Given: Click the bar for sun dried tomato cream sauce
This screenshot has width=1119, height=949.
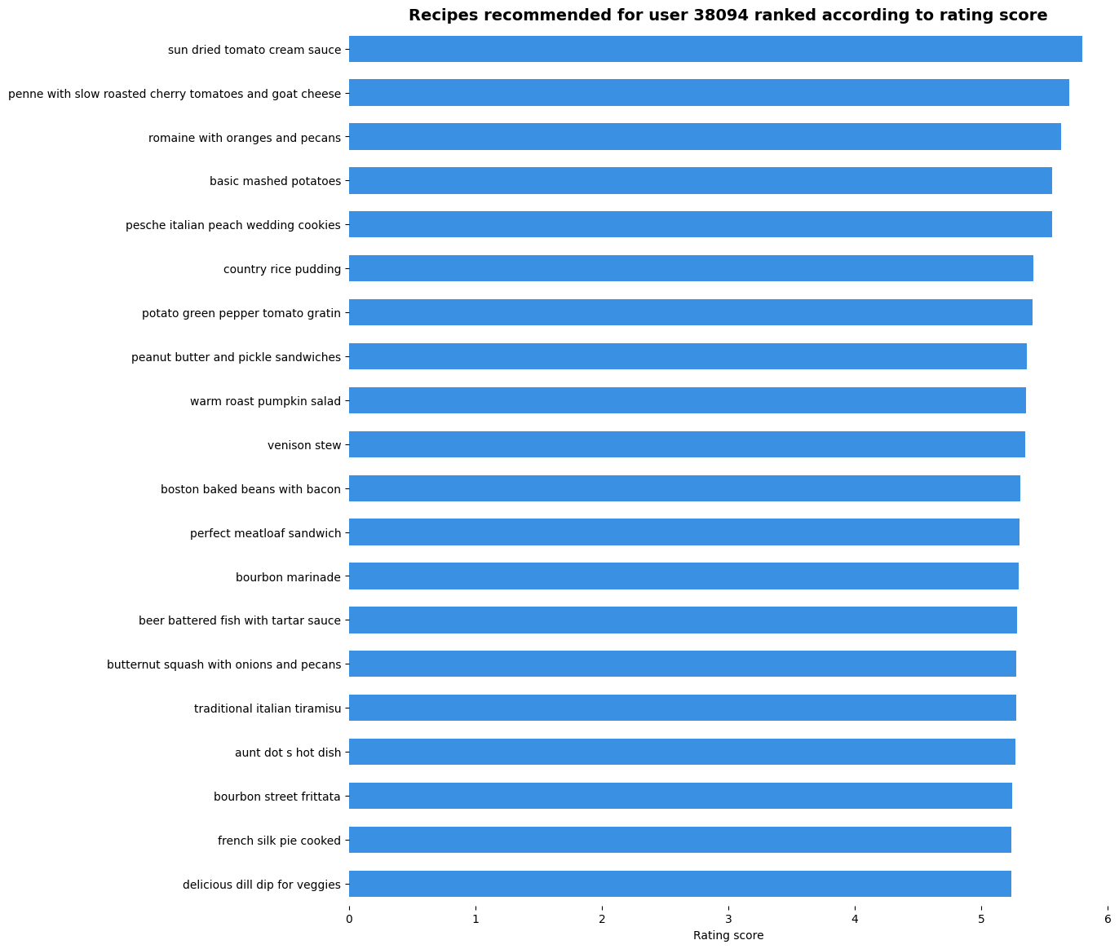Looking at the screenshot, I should coord(715,50).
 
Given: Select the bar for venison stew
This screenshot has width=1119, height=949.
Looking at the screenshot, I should coord(687,444).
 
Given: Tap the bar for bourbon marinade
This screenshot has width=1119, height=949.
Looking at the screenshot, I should coord(683,576).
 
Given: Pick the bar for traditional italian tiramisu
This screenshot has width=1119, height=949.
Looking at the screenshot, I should coord(683,708).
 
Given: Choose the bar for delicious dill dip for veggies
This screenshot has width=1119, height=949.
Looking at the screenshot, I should coord(680,884).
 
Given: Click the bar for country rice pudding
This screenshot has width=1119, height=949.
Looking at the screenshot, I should coord(691,268).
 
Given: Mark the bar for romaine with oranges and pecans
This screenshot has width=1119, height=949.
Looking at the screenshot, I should coord(705,137).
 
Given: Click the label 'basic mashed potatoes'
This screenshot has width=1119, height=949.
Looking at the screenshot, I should coord(275,181).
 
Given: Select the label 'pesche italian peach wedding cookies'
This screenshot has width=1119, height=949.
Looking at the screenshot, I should coord(233,225).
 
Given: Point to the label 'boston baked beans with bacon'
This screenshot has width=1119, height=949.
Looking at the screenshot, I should coord(250,489).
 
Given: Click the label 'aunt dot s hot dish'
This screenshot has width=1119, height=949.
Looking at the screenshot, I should coord(288,753).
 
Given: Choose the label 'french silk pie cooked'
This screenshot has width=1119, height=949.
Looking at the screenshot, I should coord(279,841).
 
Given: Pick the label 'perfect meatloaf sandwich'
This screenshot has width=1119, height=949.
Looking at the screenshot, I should coord(265,533).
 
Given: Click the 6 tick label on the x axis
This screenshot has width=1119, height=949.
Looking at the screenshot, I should coord(1108,920).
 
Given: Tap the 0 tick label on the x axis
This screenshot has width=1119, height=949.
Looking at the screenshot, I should coord(349,920).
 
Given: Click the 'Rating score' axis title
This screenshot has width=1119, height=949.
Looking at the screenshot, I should coord(728,936).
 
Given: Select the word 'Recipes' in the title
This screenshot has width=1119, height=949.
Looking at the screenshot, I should coord(440,15).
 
